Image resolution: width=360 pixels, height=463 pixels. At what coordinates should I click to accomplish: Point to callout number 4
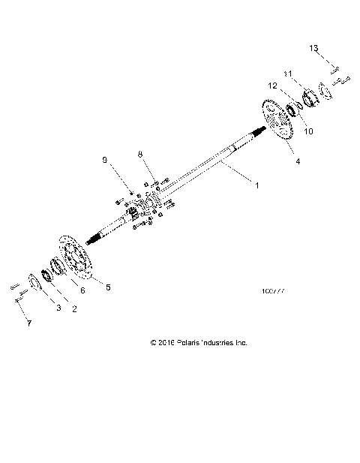(298, 161)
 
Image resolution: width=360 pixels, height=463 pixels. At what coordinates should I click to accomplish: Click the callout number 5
(108, 287)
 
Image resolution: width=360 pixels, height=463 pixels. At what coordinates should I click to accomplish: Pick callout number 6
(83, 290)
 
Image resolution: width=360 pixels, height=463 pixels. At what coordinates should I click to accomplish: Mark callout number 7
(29, 323)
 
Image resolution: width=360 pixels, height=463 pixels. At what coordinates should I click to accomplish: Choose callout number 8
(139, 155)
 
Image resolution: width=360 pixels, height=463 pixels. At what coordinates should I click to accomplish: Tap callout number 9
(105, 161)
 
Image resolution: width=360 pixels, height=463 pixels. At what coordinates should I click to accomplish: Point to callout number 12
(271, 86)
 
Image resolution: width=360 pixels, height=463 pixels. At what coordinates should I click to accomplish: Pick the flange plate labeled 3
(33, 284)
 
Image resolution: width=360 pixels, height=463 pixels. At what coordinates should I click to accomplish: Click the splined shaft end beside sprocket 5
(97, 236)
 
